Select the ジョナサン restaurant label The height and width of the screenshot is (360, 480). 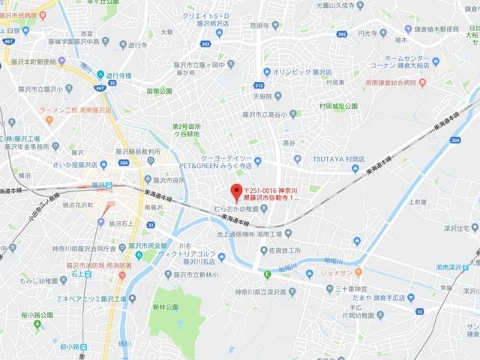[376, 273]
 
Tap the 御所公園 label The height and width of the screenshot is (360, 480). [158, 91]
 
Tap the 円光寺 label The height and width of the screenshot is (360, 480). [366, 33]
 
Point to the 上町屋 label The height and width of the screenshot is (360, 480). [418, 201]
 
